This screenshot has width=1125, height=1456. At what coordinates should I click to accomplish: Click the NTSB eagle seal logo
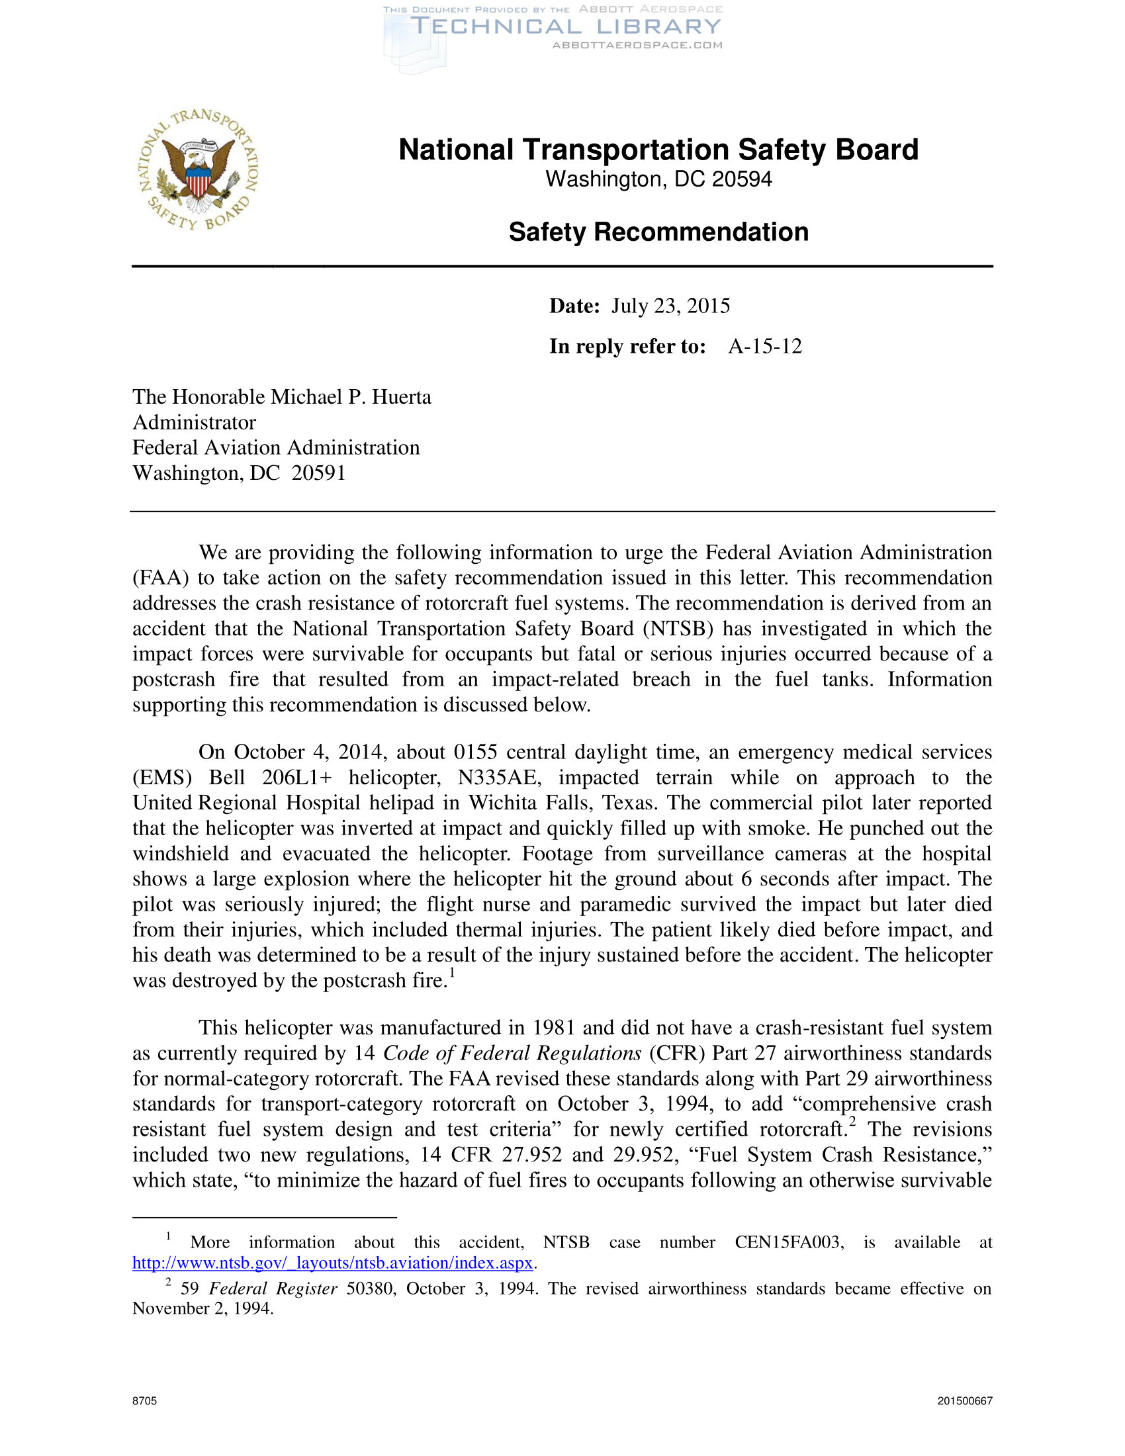199,170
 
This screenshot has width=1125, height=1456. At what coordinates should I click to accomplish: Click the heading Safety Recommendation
658,232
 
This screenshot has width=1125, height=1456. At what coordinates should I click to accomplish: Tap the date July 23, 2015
670,306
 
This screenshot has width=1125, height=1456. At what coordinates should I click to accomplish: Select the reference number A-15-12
764,347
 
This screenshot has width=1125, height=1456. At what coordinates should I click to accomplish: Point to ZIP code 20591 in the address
318,473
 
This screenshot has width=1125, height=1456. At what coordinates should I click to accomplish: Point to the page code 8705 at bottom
145,1400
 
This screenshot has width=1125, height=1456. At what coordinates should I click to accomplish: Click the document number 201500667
964,1400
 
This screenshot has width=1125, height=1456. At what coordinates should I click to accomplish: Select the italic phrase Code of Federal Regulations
512,1054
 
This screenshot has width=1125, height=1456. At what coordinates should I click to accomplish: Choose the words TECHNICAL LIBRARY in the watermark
566,26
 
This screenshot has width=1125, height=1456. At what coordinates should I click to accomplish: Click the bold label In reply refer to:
627,347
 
